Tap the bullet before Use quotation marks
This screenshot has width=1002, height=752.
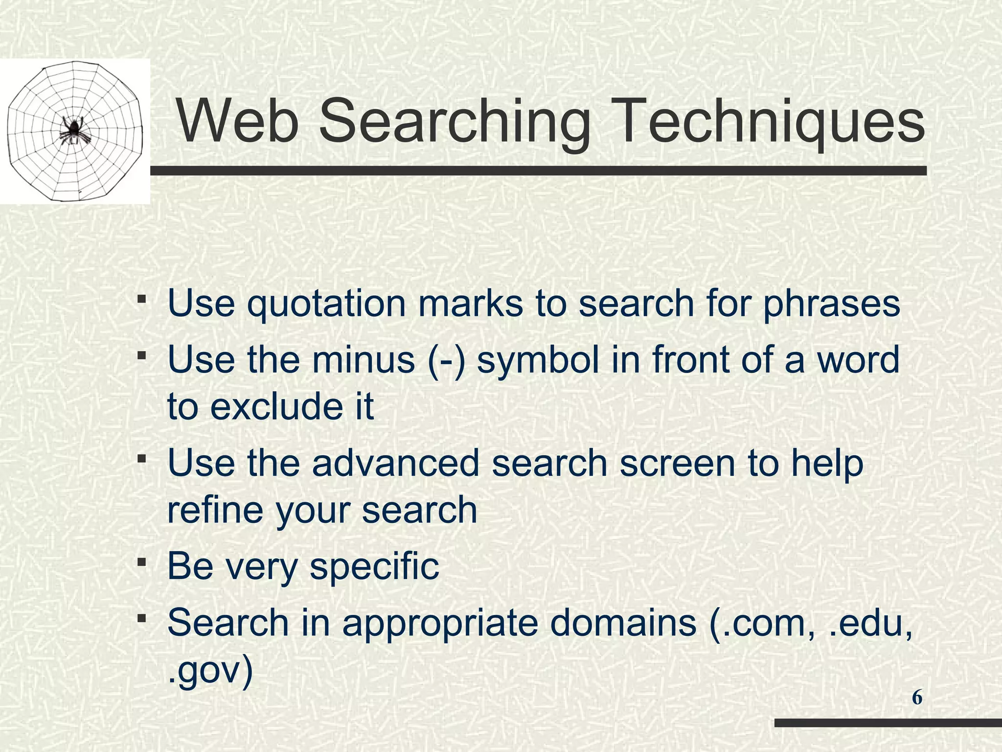141,299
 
